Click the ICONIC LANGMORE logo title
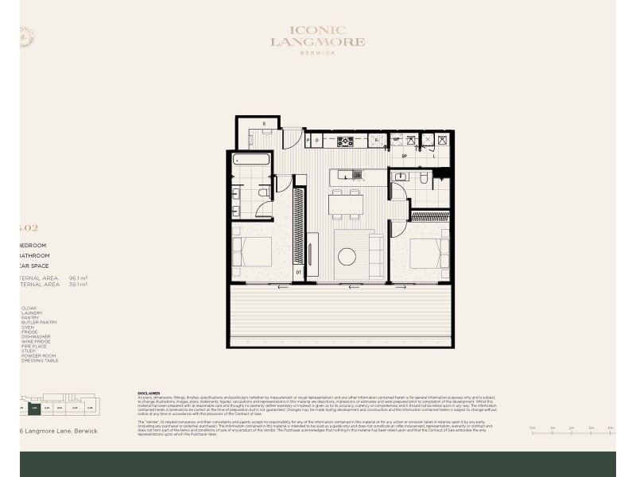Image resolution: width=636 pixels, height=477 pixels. point(317,36)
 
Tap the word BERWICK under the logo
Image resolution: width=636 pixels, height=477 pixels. point(317,54)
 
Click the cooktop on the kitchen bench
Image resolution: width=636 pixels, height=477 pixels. point(346,142)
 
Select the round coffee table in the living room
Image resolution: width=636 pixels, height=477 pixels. point(347,257)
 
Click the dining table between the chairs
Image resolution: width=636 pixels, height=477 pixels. point(347,204)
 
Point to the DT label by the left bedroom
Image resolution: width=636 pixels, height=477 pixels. point(299,272)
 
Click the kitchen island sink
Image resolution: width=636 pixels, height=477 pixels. point(357,175)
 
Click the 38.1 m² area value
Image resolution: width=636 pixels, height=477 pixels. point(78,285)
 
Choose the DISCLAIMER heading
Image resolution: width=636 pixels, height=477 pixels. point(149,392)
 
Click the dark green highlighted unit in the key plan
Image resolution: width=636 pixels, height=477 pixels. point(34,409)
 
